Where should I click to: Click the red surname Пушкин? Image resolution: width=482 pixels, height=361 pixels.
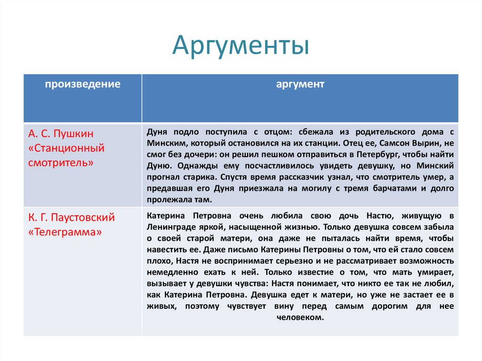[x=73, y=134]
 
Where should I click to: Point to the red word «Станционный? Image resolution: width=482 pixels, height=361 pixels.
[x=66, y=148]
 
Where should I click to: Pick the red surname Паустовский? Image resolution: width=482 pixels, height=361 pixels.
[x=83, y=218]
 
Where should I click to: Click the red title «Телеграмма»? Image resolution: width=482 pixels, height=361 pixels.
[x=65, y=232]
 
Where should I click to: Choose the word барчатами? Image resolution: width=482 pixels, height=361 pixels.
[x=395, y=188]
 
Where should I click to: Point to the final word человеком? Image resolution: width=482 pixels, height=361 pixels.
[x=300, y=318]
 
